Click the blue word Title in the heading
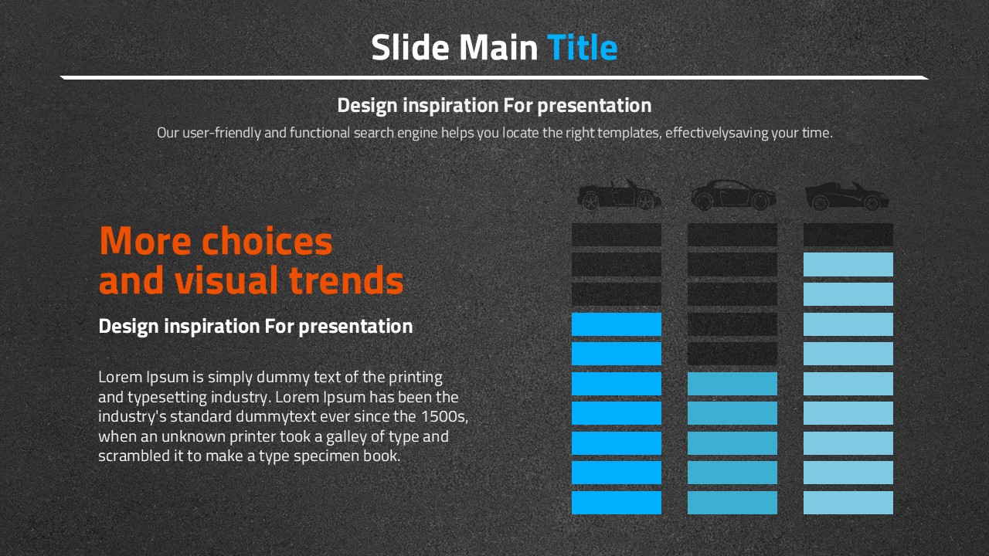[582, 47]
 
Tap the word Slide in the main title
[410, 47]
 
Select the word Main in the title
[498, 47]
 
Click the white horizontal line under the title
[494, 78]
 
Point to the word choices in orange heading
[267, 241]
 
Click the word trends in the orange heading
[347, 280]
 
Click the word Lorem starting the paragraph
[120, 377]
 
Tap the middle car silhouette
[733, 195]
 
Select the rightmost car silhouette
[847, 196]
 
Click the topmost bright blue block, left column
[617, 324]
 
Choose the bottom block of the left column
[617, 503]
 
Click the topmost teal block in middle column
[732, 384]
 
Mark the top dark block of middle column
[732, 235]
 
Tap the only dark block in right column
[848, 235]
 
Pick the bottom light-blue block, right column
[848, 503]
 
